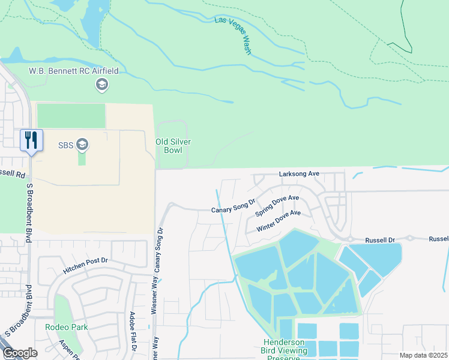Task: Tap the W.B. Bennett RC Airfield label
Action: [74, 71]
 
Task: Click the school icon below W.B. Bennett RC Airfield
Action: [101, 85]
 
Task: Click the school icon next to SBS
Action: [82, 145]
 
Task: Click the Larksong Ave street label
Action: [300, 174]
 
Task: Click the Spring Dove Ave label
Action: [277, 206]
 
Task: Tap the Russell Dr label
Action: [382, 240]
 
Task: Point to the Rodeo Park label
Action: [66, 327]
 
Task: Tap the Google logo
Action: [20, 353]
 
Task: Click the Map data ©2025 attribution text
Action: [423, 355]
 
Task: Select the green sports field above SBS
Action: [71, 116]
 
